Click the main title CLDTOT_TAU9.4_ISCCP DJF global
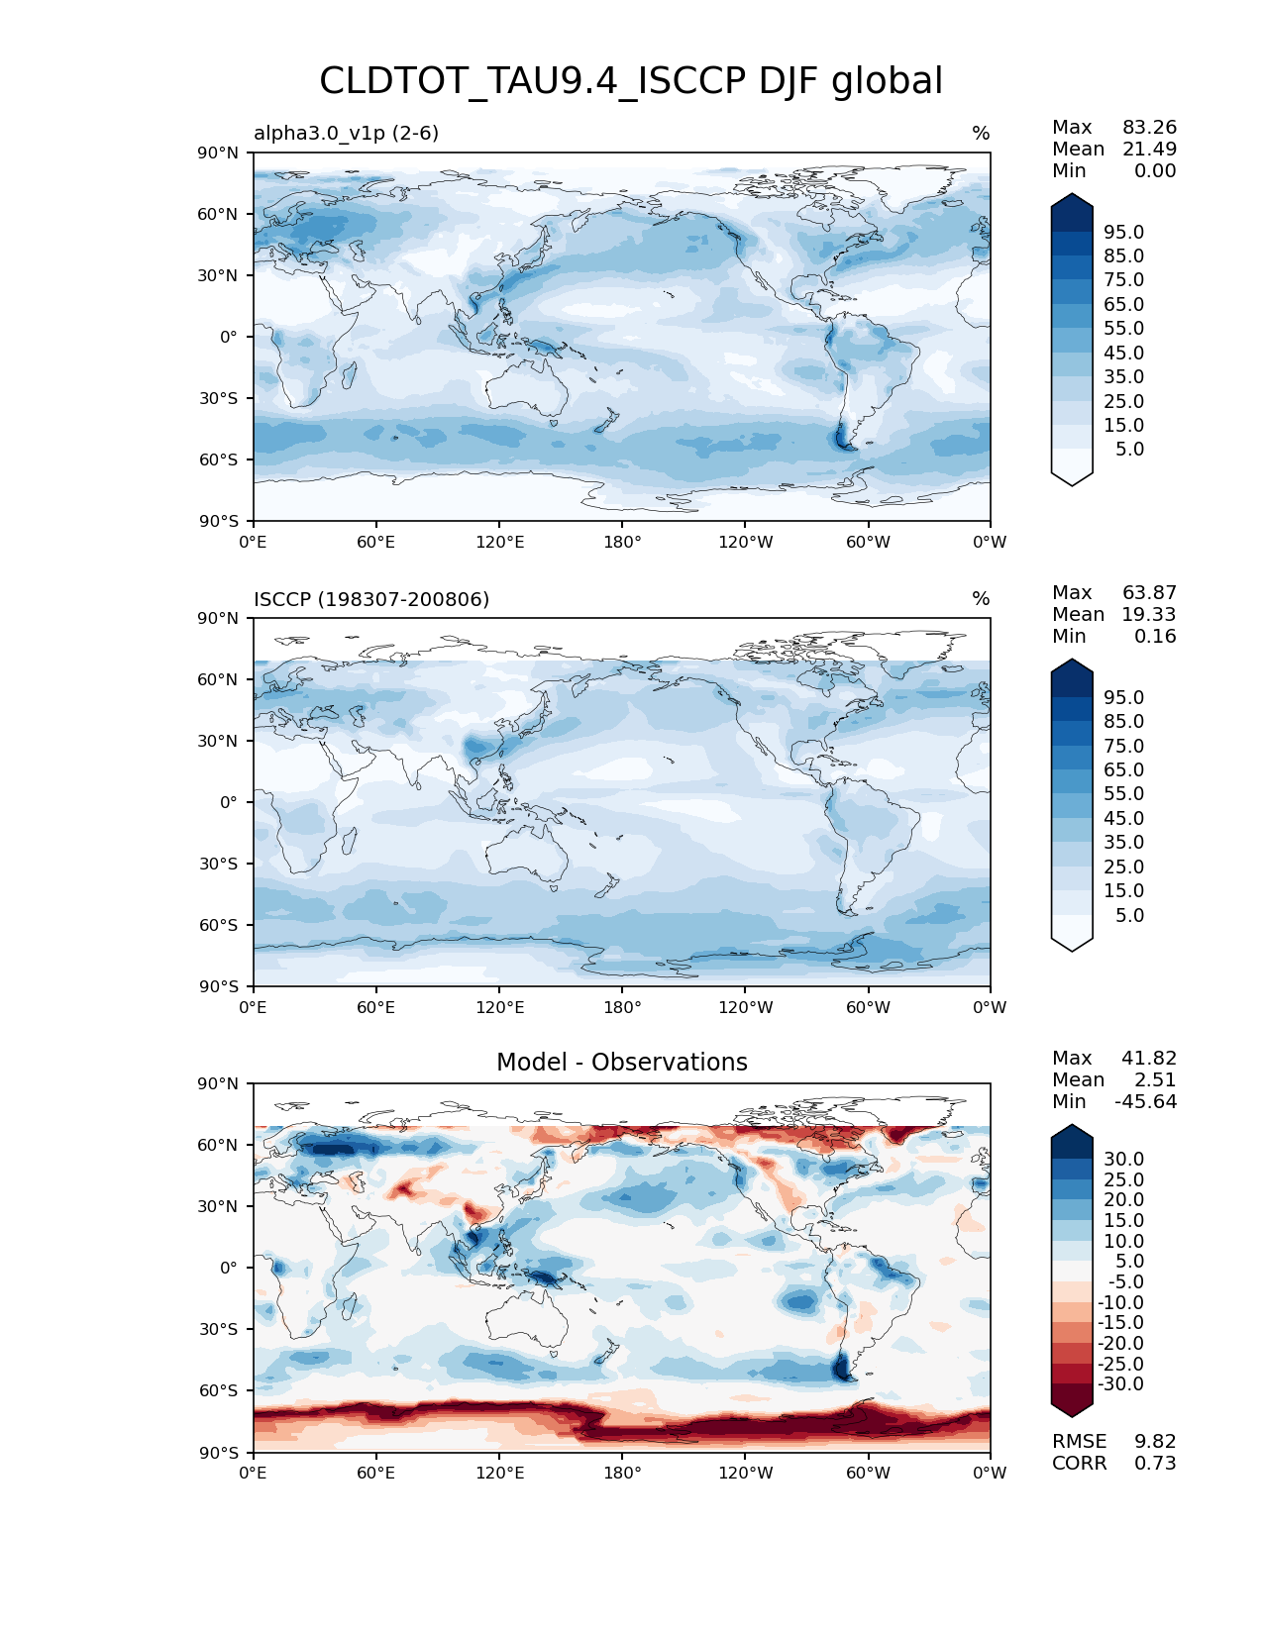[631, 81]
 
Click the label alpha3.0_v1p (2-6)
[346, 133]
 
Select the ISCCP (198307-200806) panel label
[371, 599]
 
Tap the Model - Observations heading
[621, 1063]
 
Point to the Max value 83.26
[1149, 128]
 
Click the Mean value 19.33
[1148, 615]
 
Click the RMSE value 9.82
[1155, 1442]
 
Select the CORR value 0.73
[1155, 1464]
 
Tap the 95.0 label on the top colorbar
[1123, 233]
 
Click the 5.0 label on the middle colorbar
[1129, 916]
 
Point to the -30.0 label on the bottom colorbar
[1120, 1384]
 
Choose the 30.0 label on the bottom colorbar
[1123, 1160]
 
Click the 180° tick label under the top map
[622, 543]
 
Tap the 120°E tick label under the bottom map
[499, 1474]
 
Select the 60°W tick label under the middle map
[868, 1008]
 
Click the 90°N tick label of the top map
[219, 153]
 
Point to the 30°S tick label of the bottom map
[219, 1330]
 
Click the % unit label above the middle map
[981, 599]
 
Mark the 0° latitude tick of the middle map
[229, 803]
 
